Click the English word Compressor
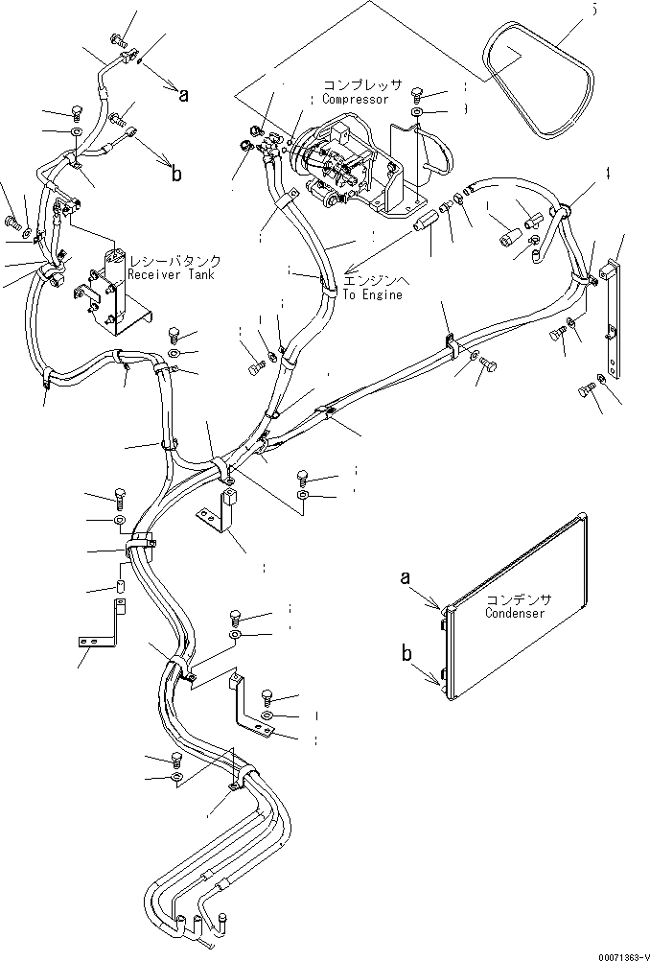[355, 99]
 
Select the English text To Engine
[373, 294]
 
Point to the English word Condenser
[515, 613]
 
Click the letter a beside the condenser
[406, 577]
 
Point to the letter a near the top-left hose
[183, 93]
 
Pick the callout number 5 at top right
[593, 9]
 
